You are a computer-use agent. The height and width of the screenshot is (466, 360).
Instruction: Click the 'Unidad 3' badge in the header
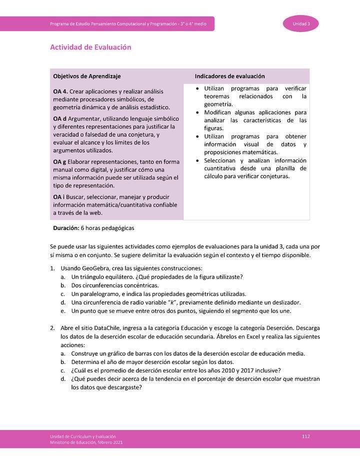click(301, 24)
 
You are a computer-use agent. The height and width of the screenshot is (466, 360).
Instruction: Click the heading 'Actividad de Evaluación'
click(90, 47)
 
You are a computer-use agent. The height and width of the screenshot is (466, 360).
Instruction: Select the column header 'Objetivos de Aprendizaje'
click(86, 76)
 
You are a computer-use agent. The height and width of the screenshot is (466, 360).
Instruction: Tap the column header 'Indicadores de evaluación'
click(229, 76)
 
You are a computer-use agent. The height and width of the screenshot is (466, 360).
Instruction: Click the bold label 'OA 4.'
click(60, 91)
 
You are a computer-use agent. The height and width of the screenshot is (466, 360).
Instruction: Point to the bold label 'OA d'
click(59, 118)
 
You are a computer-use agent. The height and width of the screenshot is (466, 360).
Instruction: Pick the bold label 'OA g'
click(59, 162)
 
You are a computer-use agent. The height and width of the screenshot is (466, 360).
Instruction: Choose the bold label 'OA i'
click(59, 197)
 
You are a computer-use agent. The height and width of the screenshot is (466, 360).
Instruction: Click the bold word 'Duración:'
click(66, 228)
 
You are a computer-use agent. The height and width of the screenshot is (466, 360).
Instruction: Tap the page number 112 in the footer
click(306, 436)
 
